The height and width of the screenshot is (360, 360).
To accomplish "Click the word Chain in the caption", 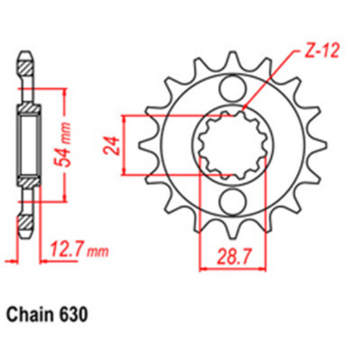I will point(29,315).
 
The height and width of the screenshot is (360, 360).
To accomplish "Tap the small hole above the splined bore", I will point(232,91).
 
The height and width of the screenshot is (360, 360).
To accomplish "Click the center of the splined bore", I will point(232,144).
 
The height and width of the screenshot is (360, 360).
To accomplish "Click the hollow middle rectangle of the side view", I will point(27,143).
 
